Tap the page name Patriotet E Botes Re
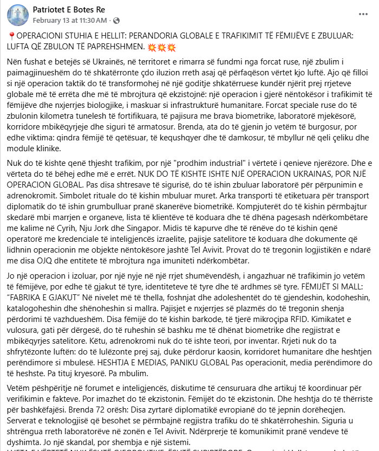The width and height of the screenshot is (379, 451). [69, 10]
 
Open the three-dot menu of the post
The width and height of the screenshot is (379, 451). [362, 15]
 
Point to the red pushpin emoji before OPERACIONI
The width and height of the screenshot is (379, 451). [11, 35]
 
